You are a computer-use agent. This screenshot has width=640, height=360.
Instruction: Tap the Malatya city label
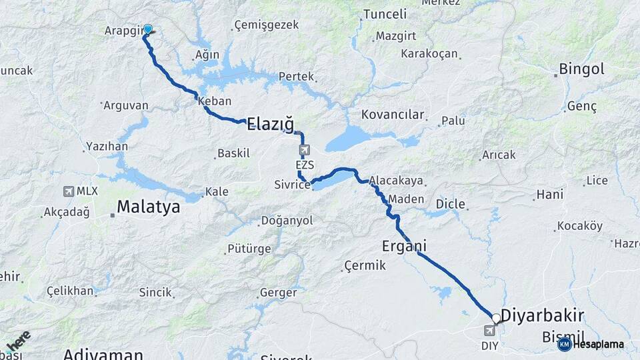tap(148, 207)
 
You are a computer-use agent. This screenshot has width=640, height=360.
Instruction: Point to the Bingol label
tap(581, 69)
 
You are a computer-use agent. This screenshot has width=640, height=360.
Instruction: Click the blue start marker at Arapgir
tap(148, 29)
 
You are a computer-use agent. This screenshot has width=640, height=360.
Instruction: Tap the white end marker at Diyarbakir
tap(496, 319)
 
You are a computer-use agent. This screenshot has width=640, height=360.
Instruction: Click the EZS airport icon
tap(305, 149)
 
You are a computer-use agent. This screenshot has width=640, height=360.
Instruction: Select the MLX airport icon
tap(69, 191)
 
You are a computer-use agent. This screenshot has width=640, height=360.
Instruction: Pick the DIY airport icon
tap(490, 331)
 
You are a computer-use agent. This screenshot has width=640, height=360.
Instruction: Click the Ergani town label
tap(404, 246)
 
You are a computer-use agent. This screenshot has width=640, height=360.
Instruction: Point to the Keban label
tap(215, 101)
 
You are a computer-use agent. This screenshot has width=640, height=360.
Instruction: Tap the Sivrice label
tap(292, 185)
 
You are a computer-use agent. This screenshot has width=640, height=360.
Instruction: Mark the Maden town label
tap(406, 199)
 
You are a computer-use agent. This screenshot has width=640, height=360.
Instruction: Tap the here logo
tap(16, 341)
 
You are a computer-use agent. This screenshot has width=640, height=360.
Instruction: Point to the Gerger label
tap(277, 293)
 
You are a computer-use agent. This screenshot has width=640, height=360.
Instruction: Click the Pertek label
tap(296, 77)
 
